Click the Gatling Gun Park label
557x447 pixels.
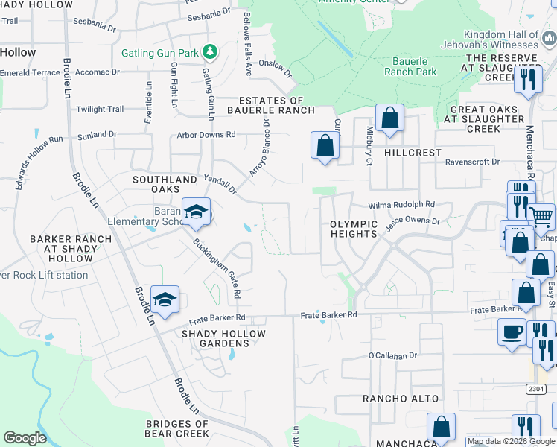pos(162,54)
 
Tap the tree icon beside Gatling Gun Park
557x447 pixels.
pos(210,51)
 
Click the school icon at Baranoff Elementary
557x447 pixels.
pos(196,212)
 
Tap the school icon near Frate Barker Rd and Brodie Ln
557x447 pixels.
pos(165,299)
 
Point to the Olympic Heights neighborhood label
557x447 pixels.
pos(354,229)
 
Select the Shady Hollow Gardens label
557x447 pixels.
pos(224,338)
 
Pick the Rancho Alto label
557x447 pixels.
pos(401,399)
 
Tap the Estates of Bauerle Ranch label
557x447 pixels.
pos(271,105)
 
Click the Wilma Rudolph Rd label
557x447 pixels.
pos(401,205)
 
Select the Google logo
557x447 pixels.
pos(25,438)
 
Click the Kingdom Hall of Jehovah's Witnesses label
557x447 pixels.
pos(500,40)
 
